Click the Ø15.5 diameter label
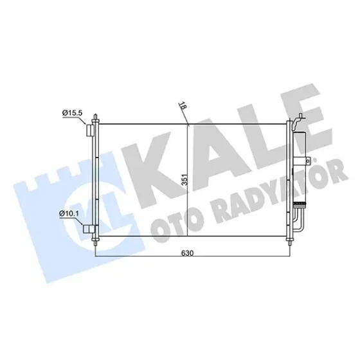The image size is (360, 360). click(72, 113)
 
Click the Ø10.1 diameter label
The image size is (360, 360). click(69, 213)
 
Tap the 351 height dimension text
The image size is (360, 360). click(186, 180)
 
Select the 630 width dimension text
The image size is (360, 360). click(187, 253)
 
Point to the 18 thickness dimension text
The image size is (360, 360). click(183, 105)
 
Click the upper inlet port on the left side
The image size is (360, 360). click(90, 130)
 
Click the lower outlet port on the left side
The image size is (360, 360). click(89, 229)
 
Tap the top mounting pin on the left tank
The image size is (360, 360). click(95, 119)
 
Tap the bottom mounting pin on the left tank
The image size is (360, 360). click(95, 242)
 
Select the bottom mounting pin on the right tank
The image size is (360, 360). click(289, 242)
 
